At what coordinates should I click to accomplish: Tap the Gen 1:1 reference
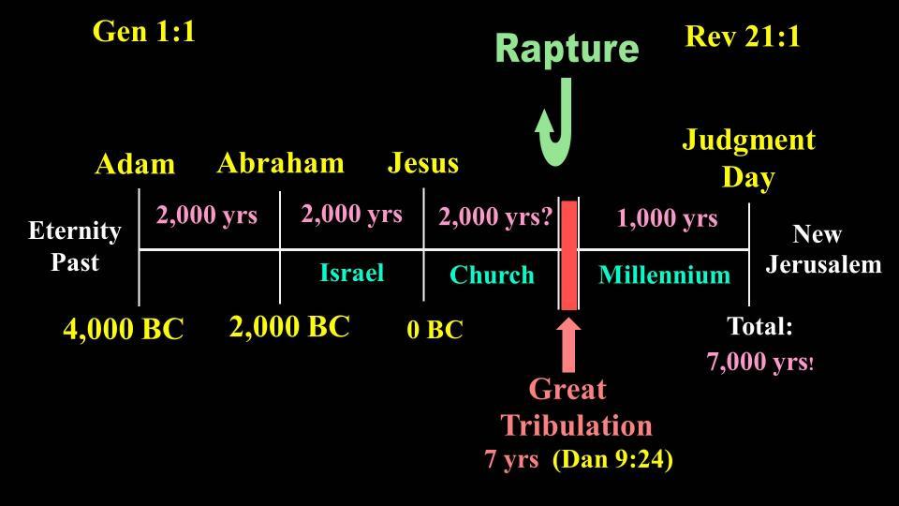(x=143, y=32)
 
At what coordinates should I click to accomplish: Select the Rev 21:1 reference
(x=743, y=37)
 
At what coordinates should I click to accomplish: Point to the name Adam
(x=135, y=165)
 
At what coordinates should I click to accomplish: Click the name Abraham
(x=281, y=163)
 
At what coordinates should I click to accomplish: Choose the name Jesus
(x=423, y=163)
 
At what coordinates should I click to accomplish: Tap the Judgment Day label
(x=748, y=159)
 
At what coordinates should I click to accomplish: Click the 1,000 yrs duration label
(x=668, y=218)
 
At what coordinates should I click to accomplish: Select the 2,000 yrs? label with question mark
(x=495, y=216)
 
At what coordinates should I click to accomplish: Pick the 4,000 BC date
(x=124, y=330)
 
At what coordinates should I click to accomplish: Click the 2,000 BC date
(x=289, y=328)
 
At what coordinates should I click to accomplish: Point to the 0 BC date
(x=435, y=330)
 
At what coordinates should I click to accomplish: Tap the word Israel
(x=351, y=273)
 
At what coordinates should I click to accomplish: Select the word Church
(x=492, y=275)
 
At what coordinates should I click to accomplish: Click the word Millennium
(x=665, y=275)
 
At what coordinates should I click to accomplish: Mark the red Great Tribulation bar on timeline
(x=568, y=255)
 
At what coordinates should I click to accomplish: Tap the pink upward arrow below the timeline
(x=568, y=344)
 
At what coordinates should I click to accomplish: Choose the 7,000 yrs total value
(x=759, y=363)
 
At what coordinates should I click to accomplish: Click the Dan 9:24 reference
(x=612, y=459)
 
